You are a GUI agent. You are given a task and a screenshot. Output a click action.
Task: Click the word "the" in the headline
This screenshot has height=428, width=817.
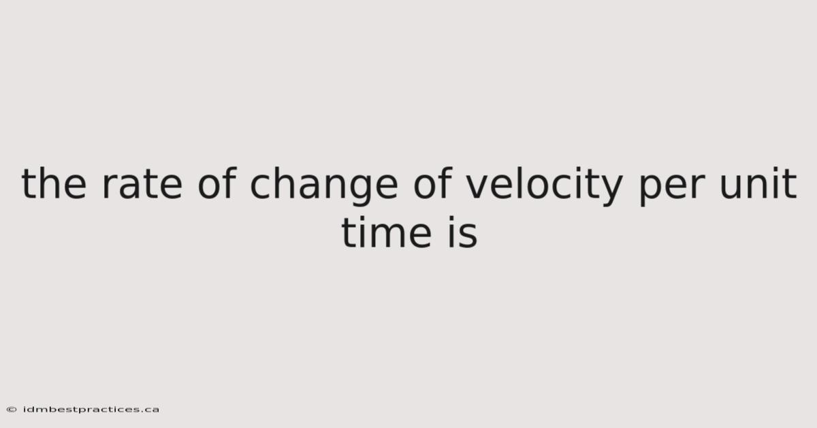(x=54, y=183)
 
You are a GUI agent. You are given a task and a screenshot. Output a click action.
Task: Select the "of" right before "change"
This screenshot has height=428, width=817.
(x=217, y=183)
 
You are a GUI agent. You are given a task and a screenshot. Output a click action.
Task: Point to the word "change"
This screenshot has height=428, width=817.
(x=324, y=186)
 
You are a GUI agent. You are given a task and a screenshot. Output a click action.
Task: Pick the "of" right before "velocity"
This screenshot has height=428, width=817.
(x=433, y=183)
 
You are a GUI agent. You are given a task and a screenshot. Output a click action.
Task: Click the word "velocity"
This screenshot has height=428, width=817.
(x=544, y=186)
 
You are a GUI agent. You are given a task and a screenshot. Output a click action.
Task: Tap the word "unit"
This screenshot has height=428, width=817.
(x=757, y=183)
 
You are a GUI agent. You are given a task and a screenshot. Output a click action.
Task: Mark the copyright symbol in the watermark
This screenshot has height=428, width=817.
(x=12, y=410)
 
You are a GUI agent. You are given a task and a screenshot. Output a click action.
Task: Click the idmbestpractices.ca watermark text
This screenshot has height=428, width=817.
(x=91, y=410)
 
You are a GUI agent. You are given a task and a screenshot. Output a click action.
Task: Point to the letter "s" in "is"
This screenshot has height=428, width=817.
(x=467, y=236)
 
